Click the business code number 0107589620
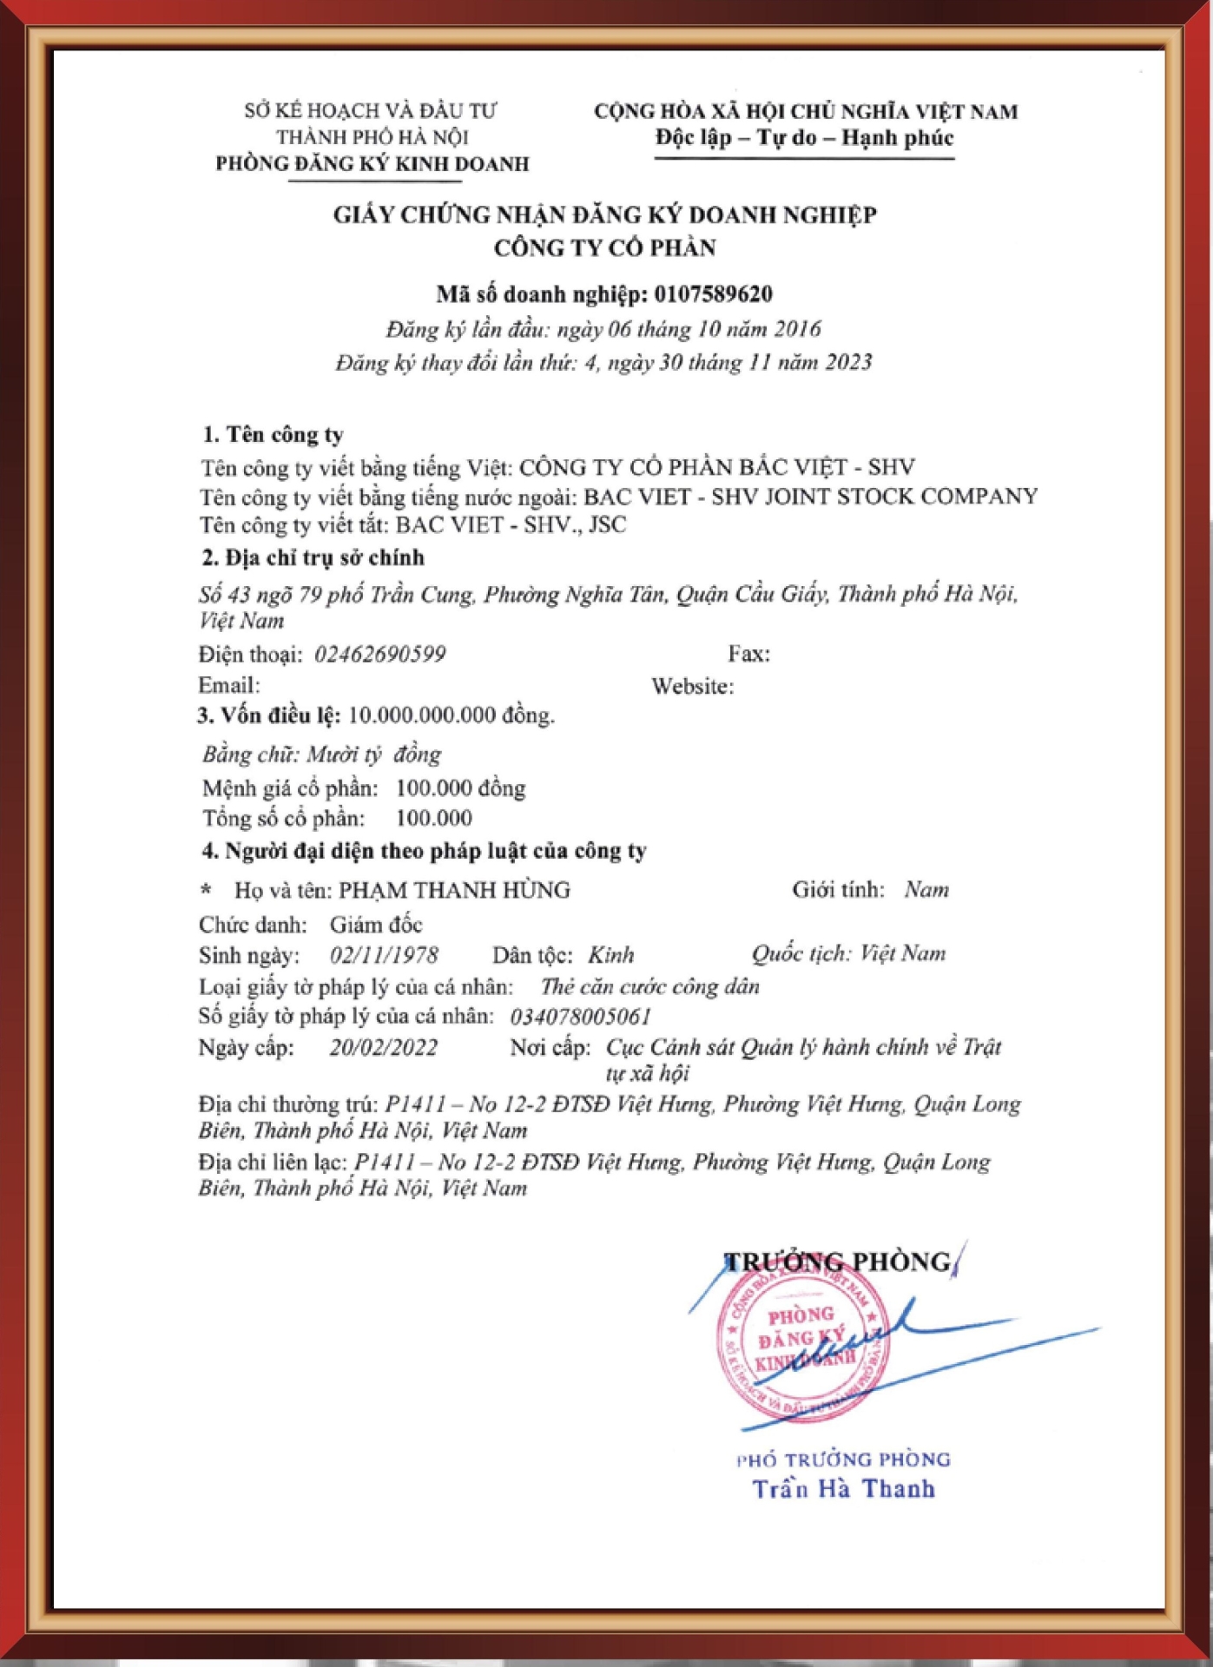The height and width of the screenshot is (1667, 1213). (x=713, y=294)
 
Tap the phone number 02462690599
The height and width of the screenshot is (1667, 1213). (x=379, y=654)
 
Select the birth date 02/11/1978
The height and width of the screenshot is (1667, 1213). (x=384, y=955)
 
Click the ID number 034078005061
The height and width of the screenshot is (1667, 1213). (x=580, y=1016)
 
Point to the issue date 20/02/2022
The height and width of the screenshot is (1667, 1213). (x=383, y=1047)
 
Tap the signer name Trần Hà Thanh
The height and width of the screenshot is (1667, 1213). (x=843, y=1489)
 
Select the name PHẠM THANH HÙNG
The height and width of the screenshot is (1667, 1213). (x=454, y=890)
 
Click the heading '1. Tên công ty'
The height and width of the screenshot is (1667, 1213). (x=273, y=434)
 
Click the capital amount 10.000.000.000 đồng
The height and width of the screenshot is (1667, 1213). (x=451, y=715)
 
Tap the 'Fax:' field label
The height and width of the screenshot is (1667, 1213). (x=748, y=654)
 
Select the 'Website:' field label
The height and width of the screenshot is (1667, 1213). (x=692, y=686)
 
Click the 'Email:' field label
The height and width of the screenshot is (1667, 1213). (x=228, y=685)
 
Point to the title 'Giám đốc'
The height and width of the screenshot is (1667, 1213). (x=375, y=925)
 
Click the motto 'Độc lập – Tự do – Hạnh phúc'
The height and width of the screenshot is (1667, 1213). (x=804, y=138)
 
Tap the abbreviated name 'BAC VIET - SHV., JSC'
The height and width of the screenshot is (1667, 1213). (x=511, y=524)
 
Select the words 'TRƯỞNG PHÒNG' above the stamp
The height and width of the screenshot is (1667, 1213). (x=838, y=1262)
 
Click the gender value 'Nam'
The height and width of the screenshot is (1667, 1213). (x=926, y=889)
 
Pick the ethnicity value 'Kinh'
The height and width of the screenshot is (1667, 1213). (x=610, y=955)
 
